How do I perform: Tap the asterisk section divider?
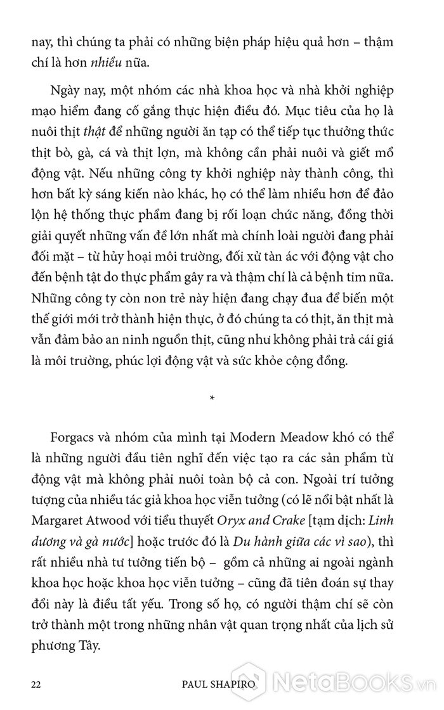212,397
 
